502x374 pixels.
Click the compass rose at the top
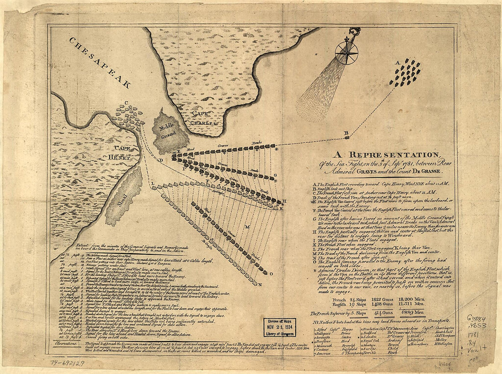(x=346, y=53)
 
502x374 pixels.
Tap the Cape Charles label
(x=203, y=118)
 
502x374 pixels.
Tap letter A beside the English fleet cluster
(x=397, y=62)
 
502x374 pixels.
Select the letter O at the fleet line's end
(x=271, y=275)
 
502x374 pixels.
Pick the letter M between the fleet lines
(x=247, y=227)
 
